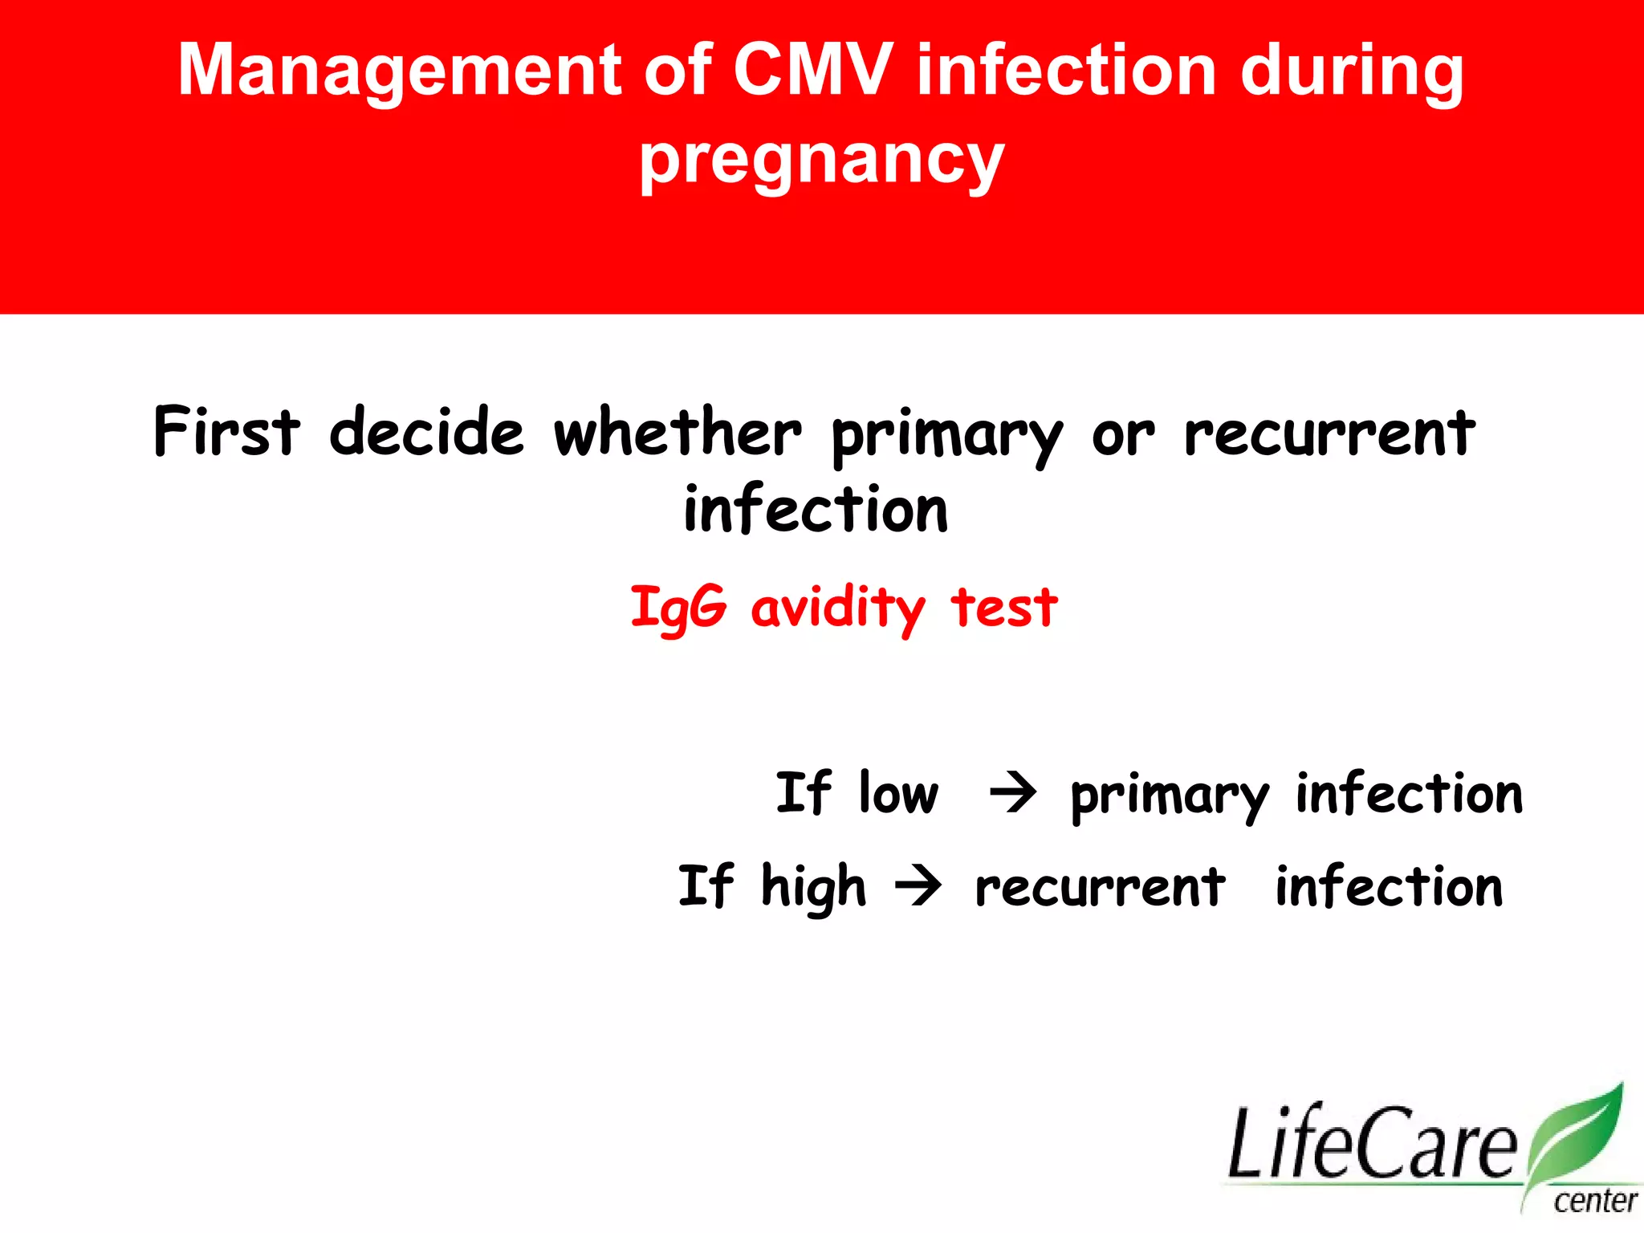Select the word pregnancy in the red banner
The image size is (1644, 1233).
click(821, 161)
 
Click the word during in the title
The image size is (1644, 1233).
click(1352, 72)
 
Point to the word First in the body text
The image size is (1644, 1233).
click(226, 432)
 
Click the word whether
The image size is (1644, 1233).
click(678, 432)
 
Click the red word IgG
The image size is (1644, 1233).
click(678, 608)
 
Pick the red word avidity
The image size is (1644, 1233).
click(837, 608)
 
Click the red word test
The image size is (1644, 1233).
click(1004, 608)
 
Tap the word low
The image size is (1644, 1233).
click(898, 793)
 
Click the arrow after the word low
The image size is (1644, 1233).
click(1013, 793)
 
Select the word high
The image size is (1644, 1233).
click(813, 887)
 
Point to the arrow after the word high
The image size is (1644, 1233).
click(918, 886)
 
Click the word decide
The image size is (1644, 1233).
click(426, 432)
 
